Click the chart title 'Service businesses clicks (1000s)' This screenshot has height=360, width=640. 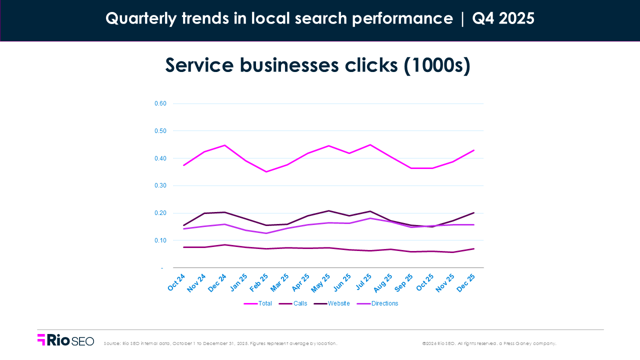point(318,65)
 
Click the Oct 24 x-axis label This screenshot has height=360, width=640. point(177,282)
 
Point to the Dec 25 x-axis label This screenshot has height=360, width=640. point(465,282)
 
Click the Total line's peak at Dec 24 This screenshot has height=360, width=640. point(225,145)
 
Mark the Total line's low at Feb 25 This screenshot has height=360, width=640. point(266,172)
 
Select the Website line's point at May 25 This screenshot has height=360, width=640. point(328,211)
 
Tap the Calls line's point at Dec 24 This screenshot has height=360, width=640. point(225,245)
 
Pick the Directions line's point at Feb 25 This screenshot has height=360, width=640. point(266,233)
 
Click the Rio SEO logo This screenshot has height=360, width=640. point(65,340)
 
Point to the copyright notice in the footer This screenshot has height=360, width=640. point(488,343)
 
